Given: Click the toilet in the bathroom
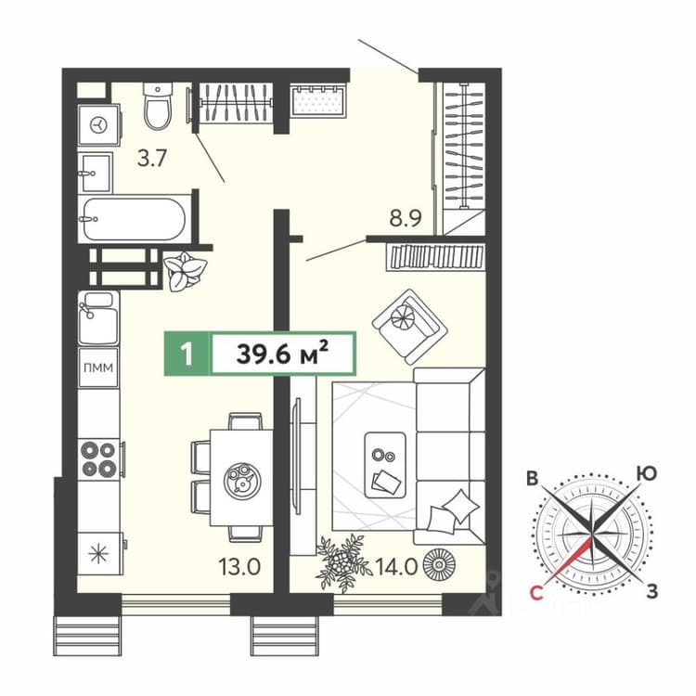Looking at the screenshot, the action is pos(158,106).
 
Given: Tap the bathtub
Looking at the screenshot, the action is pos(135,219).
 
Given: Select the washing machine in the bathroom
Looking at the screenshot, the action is pos(99,124).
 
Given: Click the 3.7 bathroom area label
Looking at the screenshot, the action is pos(152,158).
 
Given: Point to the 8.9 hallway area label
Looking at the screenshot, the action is pos(406,218).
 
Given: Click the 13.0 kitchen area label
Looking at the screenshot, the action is pos(239,567).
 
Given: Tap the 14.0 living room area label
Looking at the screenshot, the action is pos(396,567).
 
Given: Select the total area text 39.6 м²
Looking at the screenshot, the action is pos(283,354).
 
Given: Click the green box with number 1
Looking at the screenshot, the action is pos(187,354).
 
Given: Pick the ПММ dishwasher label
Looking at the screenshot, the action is pos(98,367).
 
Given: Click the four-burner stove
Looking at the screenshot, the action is pos(98,459).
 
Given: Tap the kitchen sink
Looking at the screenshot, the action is pos(98,317).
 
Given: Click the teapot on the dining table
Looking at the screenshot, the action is pos(242,480).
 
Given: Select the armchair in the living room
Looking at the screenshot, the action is pos(409,327).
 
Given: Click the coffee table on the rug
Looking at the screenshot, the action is pos(385,465).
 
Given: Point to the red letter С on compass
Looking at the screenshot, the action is pos(536,593).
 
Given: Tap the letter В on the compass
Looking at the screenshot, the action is pos(533,478).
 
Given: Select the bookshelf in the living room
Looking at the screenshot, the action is pos(436,256).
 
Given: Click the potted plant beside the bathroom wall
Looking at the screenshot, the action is pos(185,271).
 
